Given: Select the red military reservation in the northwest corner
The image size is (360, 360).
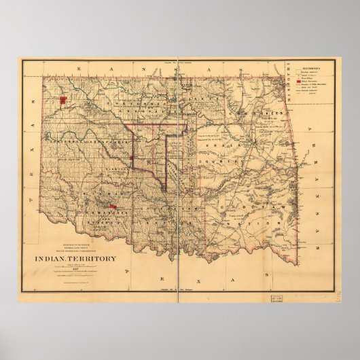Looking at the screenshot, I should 62,101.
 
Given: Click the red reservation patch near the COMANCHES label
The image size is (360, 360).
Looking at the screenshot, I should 112,206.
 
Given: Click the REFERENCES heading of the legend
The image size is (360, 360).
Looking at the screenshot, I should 308,67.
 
